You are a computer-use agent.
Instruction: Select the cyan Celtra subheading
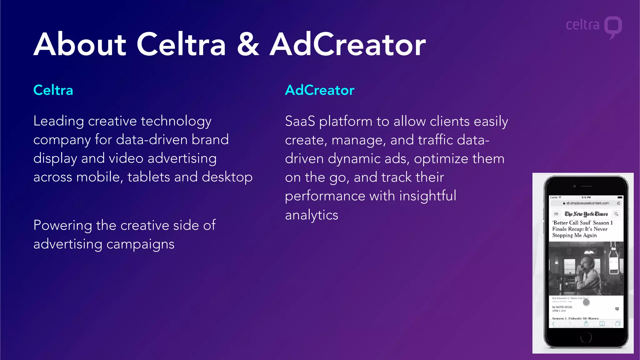coord(53,90)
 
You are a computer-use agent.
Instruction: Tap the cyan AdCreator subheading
coord(319,90)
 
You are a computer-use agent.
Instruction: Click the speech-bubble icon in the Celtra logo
coord(613,27)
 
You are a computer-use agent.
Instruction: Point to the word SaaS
coord(300,121)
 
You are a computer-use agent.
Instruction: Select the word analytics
coord(311,215)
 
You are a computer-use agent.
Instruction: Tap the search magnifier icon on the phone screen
coord(616,214)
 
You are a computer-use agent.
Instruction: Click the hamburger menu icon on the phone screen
coord(556,214)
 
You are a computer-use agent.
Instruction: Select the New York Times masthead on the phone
coord(586,214)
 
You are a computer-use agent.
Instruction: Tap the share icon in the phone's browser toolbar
coord(586,324)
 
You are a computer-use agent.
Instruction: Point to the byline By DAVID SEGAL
coord(562,307)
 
